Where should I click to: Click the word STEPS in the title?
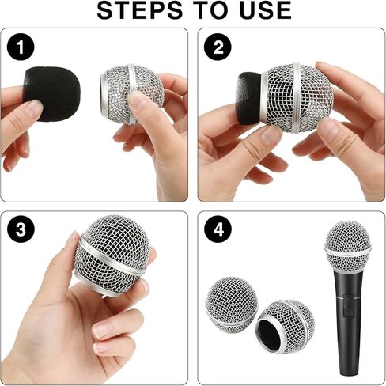146,10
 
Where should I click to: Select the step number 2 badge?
216,48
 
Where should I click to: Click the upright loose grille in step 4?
231,305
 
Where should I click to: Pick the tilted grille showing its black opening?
286,326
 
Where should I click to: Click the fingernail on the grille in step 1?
139,100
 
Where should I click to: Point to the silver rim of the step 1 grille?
105,93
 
